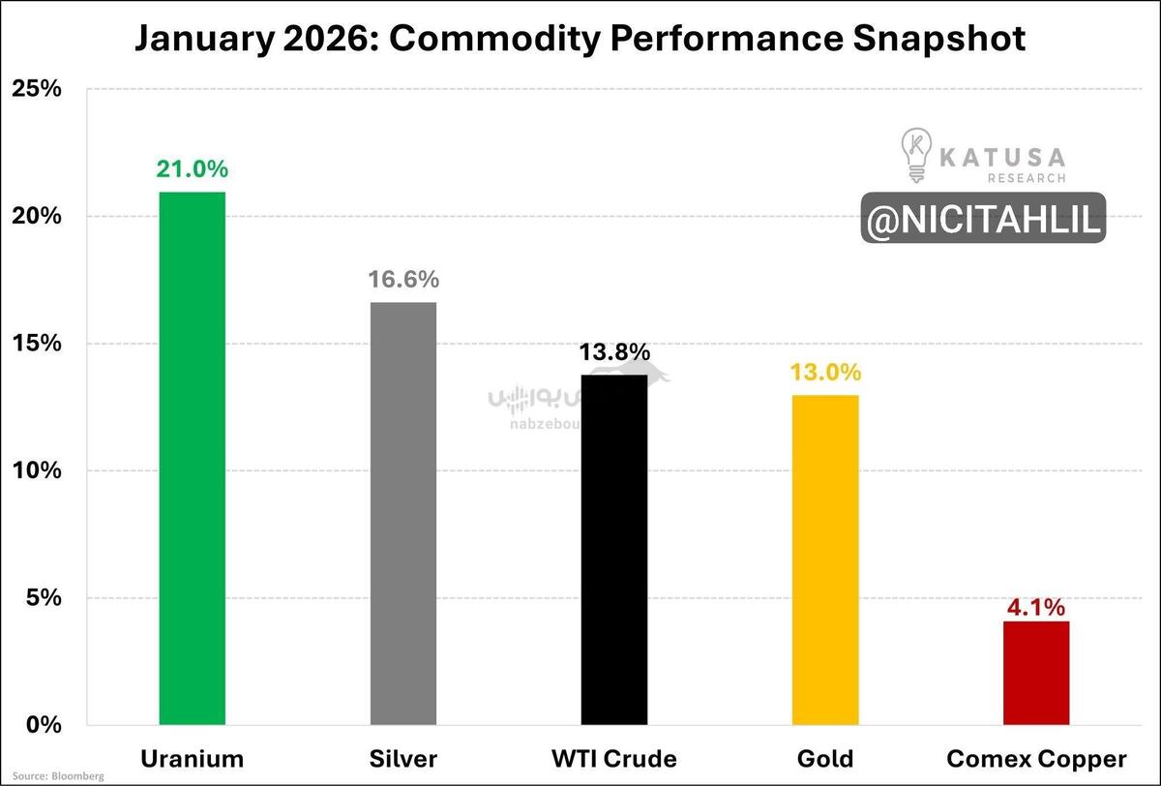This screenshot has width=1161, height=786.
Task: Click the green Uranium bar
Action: click(x=193, y=458)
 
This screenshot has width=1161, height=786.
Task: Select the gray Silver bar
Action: click(x=403, y=513)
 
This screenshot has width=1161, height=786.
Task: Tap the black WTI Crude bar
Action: click(x=614, y=549)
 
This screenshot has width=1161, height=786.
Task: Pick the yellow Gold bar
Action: click(x=825, y=559)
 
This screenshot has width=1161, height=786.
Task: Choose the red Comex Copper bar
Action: click(x=1036, y=673)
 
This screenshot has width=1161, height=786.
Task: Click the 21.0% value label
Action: click(x=193, y=169)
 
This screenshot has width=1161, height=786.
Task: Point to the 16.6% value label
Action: click(x=403, y=280)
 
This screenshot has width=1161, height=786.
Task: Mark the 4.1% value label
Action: click(x=1036, y=608)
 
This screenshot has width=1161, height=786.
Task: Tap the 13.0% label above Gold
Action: click(x=825, y=373)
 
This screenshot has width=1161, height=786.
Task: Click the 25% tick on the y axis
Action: click(x=37, y=89)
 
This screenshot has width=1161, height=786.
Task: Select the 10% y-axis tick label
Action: click(x=37, y=471)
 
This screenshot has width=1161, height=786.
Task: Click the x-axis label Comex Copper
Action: click(x=1036, y=758)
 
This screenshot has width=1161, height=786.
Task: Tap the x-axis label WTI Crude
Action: click(x=614, y=758)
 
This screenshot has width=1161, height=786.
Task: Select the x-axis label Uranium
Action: click(x=193, y=758)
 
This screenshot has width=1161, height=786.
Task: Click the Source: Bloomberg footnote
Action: click(x=57, y=776)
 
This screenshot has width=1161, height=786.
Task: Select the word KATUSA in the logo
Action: click(x=1002, y=156)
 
